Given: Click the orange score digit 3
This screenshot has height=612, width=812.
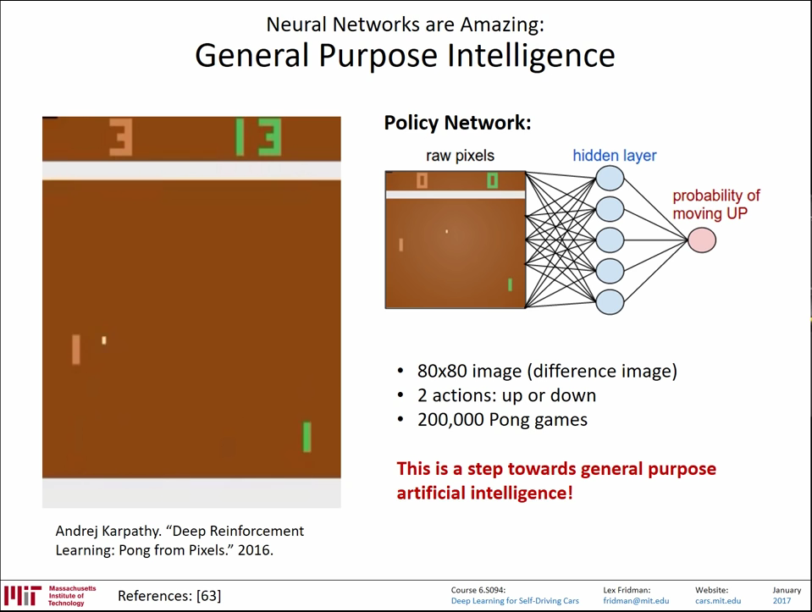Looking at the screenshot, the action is pyautogui.click(x=121, y=137).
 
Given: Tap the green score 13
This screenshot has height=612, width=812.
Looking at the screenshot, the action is pyautogui.click(x=258, y=137).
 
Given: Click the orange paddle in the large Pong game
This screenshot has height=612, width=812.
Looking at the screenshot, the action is pyautogui.click(x=76, y=350).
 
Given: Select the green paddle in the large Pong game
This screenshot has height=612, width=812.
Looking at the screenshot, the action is pyautogui.click(x=307, y=437).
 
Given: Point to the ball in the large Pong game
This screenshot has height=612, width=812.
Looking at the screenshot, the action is pyautogui.click(x=104, y=340).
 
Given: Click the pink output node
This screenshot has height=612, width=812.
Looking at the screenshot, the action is pyautogui.click(x=702, y=240).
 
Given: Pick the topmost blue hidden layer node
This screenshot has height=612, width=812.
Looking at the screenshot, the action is pyautogui.click(x=610, y=178).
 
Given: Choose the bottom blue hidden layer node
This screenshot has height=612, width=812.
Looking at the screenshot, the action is pyautogui.click(x=610, y=302).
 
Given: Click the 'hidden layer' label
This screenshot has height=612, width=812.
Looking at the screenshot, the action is pyautogui.click(x=614, y=156).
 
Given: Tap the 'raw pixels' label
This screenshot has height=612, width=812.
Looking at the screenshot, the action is pyautogui.click(x=460, y=156).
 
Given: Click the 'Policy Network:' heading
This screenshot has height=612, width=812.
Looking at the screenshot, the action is pyautogui.click(x=457, y=123).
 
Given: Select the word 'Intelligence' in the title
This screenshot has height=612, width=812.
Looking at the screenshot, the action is pyautogui.click(x=531, y=55).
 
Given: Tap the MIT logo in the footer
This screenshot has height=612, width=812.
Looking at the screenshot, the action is pyautogui.click(x=23, y=596).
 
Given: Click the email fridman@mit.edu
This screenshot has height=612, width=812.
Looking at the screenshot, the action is pyautogui.click(x=636, y=601).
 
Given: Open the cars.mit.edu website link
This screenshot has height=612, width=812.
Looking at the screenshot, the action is pyautogui.click(x=718, y=601).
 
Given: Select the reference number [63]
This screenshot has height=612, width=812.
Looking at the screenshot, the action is pyautogui.click(x=208, y=596).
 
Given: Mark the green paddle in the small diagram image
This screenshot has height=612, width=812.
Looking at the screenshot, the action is pyautogui.click(x=510, y=284).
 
